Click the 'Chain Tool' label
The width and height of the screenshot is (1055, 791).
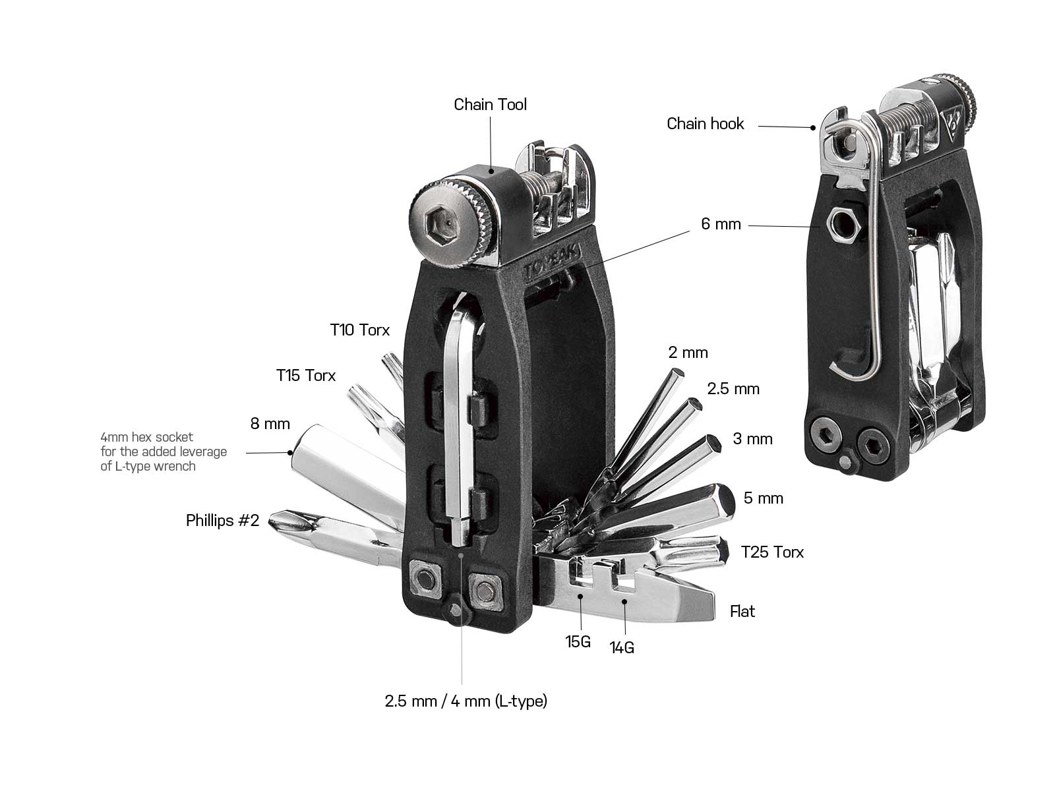pyautogui.click(x=490, y=105)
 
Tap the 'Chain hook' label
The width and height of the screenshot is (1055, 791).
pyautogui.click(x=705, y=124)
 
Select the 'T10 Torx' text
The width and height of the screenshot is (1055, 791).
pyautogui.click(x=359, y=330)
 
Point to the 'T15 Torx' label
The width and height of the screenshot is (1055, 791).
pyautogui.click(x=305, y=376)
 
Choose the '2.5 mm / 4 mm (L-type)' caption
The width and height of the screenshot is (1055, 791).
pyautogui.click(x=466, y=701)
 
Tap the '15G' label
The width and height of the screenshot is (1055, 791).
pyautogui.click(x=578, y=641)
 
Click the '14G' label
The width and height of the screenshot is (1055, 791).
pyautogui.click(x=622, y=648)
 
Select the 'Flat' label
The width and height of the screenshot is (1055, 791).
pyautogui.click(x=742, y=612)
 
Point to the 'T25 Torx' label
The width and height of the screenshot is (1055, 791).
pyautogui.click(x=772, y=552)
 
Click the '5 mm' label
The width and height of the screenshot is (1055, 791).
pyautogui.click(x=764, y=498)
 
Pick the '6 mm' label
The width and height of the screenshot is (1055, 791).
pyautogui.click(x=721, y=225)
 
